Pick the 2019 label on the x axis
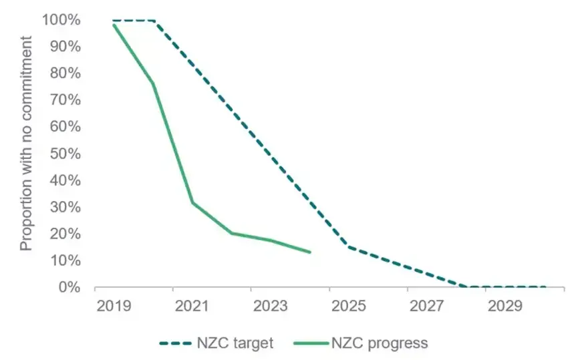pyautogui.click(x=114, y=306)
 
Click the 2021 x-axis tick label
pyautogui.click(x=192, y=306)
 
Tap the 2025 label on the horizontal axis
pyautogui.click(x=349, y=306)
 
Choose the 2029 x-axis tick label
pyautogui.click(x=505, y=306)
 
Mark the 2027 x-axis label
pyautogui.click(x=427, y=306)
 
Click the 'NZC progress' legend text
pyautogui.click(x=388, y=343)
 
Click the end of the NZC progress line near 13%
pyautogui.click(x=310, y=252)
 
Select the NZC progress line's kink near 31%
pyautogui.click(x=192, y=202)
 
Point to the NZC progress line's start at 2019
pyautogui.click(x=114, y=24)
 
